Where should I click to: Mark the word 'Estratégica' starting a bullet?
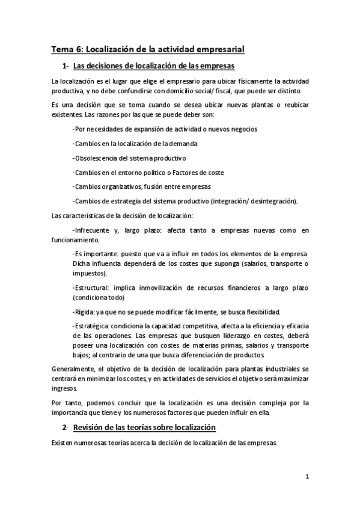click(x=91, y=325)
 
